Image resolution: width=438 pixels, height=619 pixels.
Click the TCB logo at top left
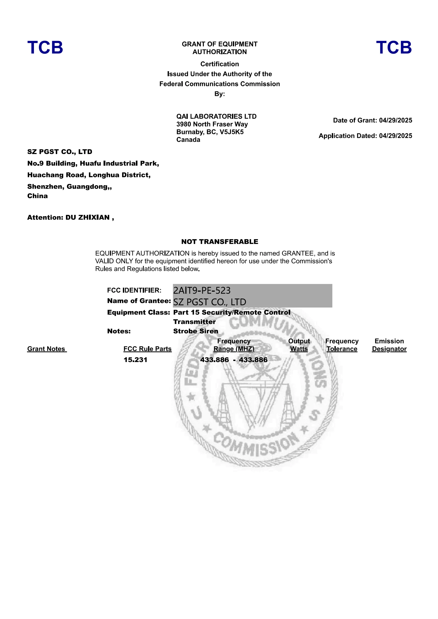click(x=45, y=47)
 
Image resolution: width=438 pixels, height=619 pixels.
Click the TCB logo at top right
click(x=394, y=47)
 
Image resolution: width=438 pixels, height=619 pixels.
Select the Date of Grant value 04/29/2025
click(x=395, y=120)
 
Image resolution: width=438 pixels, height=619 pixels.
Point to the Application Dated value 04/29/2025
click(x=395, y=135)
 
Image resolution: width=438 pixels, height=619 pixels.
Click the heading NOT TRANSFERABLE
click(x=220, y=242)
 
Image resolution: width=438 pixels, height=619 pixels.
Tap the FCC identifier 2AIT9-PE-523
click(x=202, y=290)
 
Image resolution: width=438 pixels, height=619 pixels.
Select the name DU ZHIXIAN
click(x=87, y=217)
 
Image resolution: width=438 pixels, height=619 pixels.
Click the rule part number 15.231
click(x=135, y=360)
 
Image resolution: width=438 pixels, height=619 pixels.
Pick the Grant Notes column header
click(x=46, y=349)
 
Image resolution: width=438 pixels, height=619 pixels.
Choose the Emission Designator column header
click(x=389, y=345)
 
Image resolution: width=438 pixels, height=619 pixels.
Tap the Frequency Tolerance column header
click(x=342, y=345)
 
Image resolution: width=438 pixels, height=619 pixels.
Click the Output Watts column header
click(x=299, y=345)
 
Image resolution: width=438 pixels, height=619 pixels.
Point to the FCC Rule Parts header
click(x=147, y=349)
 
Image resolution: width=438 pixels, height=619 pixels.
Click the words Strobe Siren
click(x=195, y=331)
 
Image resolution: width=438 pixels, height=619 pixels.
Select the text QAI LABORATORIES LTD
click(x=216, y=116)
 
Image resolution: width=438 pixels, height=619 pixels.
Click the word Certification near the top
click(x=220, y=64)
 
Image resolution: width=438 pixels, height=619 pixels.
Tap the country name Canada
click(x=188, y=140)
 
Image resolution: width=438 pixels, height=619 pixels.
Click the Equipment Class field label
click(x=138, y=312)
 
